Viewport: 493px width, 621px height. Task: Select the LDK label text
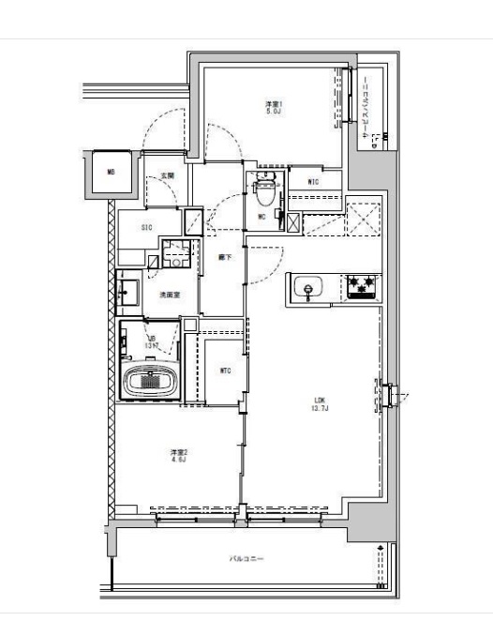pyautogui.click(x=320, y=401)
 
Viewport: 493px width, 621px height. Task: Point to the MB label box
pyautogui.click(x=111, y=172)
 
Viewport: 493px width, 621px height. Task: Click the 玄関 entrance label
pyautogui.click(x=167, y=175)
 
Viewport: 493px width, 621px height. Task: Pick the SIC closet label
pyautogui.click(x=147, y=228)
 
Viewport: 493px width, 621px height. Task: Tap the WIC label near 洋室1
pyautogui.click(x=313, y=182)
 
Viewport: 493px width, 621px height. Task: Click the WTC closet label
pyautogui.click(x=225, y=371)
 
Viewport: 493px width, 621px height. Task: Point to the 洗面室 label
pyautogui.click(x=169, y=295)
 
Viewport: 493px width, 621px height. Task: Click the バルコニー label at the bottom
pyautogui.click(x=247, y=558)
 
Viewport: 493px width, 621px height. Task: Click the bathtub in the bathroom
pyautogui.click(x=150, y=382)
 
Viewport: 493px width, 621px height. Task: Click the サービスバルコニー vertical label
pyautogui.click(x=365, y=108)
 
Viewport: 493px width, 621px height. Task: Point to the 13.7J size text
pyautogui.click(x=320, y=409)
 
